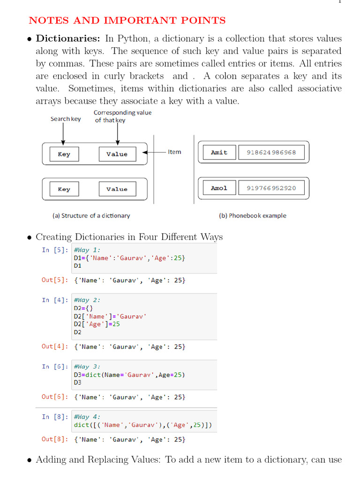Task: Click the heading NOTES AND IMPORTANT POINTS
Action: pyautogui.click(x=127, y=21)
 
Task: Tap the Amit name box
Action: pyautogui.click(x=219, y=152)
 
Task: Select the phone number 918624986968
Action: pyautogui.click(x=268, y=152)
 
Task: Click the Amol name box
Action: pyautogui.click(x=219, y=188)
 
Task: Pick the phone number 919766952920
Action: pyautogui.click(x=268, y=188)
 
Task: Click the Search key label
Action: pyautogui.click(x=66, y=119)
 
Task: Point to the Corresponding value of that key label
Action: pyautogui.click(x=122, y=116)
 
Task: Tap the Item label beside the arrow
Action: pyautogui.click(x=174, y=152)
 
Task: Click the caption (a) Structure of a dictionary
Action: pyautogui.click(x=91, y=216)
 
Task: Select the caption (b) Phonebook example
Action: pyautogui.click(x=252, y=216)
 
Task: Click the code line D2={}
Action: pyautogui.click(x=83, y=308)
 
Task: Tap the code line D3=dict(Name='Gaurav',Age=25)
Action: pyautogui.click(x=129, y=375)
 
